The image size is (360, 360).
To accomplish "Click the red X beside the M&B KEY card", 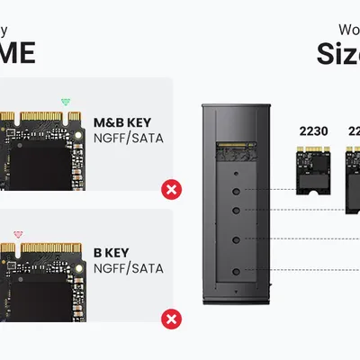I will point(168,189).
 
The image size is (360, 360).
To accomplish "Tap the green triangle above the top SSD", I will point(64,102).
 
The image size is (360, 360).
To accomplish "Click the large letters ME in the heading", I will point(17,52).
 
